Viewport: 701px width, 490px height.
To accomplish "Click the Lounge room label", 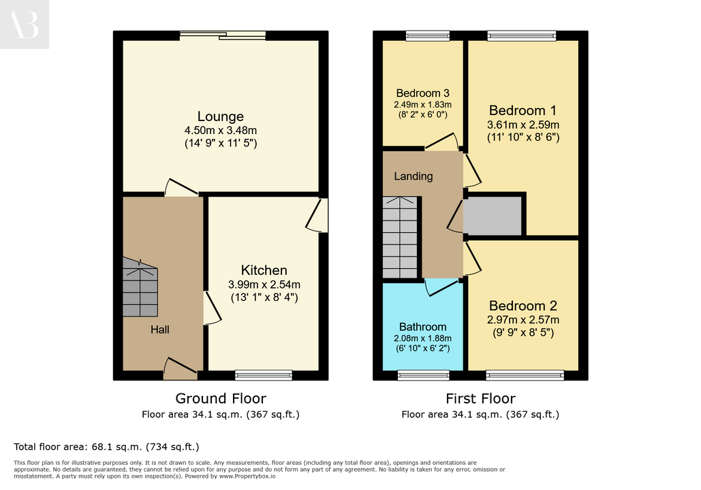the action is tap(221, 116).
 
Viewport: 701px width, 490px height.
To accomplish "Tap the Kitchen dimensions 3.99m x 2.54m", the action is tap(264, 284).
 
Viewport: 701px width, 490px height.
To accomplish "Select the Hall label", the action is tap(159, 329).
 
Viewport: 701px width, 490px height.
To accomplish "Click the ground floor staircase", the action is tap(140, 287).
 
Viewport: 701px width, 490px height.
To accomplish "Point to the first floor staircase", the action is tap(400, 238).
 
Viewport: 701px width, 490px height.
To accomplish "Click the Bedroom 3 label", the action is tap(422, 93).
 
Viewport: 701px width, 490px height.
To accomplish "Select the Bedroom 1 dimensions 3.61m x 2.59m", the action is tap(523, 125).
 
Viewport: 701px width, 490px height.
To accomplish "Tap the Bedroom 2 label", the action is tap(523, 306).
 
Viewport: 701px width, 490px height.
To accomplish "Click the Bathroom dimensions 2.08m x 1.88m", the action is tap(422, 339).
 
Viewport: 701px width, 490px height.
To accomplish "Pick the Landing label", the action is tap(413, 176).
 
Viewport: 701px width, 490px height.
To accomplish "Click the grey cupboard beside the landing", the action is tap(493, 216).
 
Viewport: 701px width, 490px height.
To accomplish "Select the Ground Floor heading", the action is tap(221, 398).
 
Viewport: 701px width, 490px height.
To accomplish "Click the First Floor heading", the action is tap(480, 398).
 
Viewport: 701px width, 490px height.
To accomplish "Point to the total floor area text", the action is tap(106, 446).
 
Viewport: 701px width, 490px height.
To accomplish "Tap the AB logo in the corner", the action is tap(24, 24).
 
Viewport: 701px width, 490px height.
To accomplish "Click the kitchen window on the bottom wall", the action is tap(264, 375).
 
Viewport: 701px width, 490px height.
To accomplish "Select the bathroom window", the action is tap(423, 375).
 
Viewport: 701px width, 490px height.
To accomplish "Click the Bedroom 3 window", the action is tap(428, 36).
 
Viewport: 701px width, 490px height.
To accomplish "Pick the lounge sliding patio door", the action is tap(223, 36).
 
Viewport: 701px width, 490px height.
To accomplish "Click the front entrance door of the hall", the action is tap(181, 369).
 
